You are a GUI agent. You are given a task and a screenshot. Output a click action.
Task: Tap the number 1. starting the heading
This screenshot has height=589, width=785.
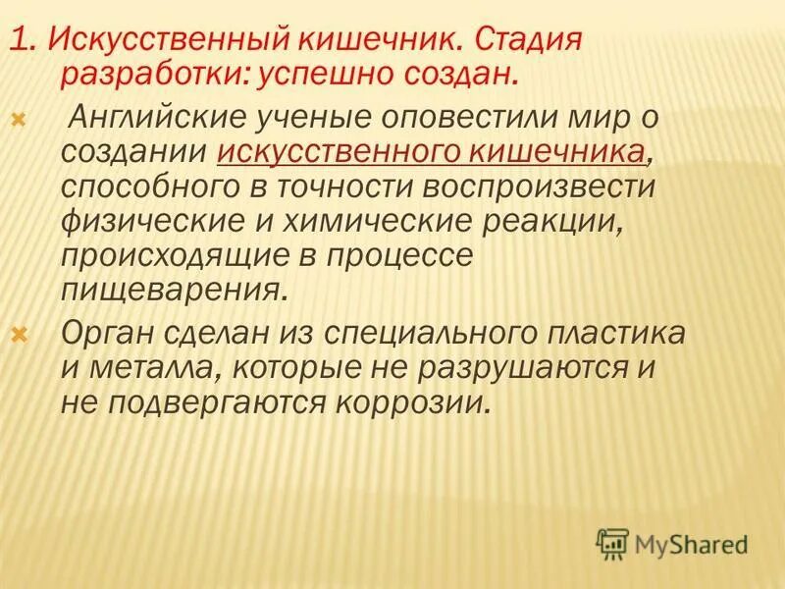point(24,42)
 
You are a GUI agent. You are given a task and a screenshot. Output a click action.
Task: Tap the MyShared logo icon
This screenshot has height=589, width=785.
point(613,541)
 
